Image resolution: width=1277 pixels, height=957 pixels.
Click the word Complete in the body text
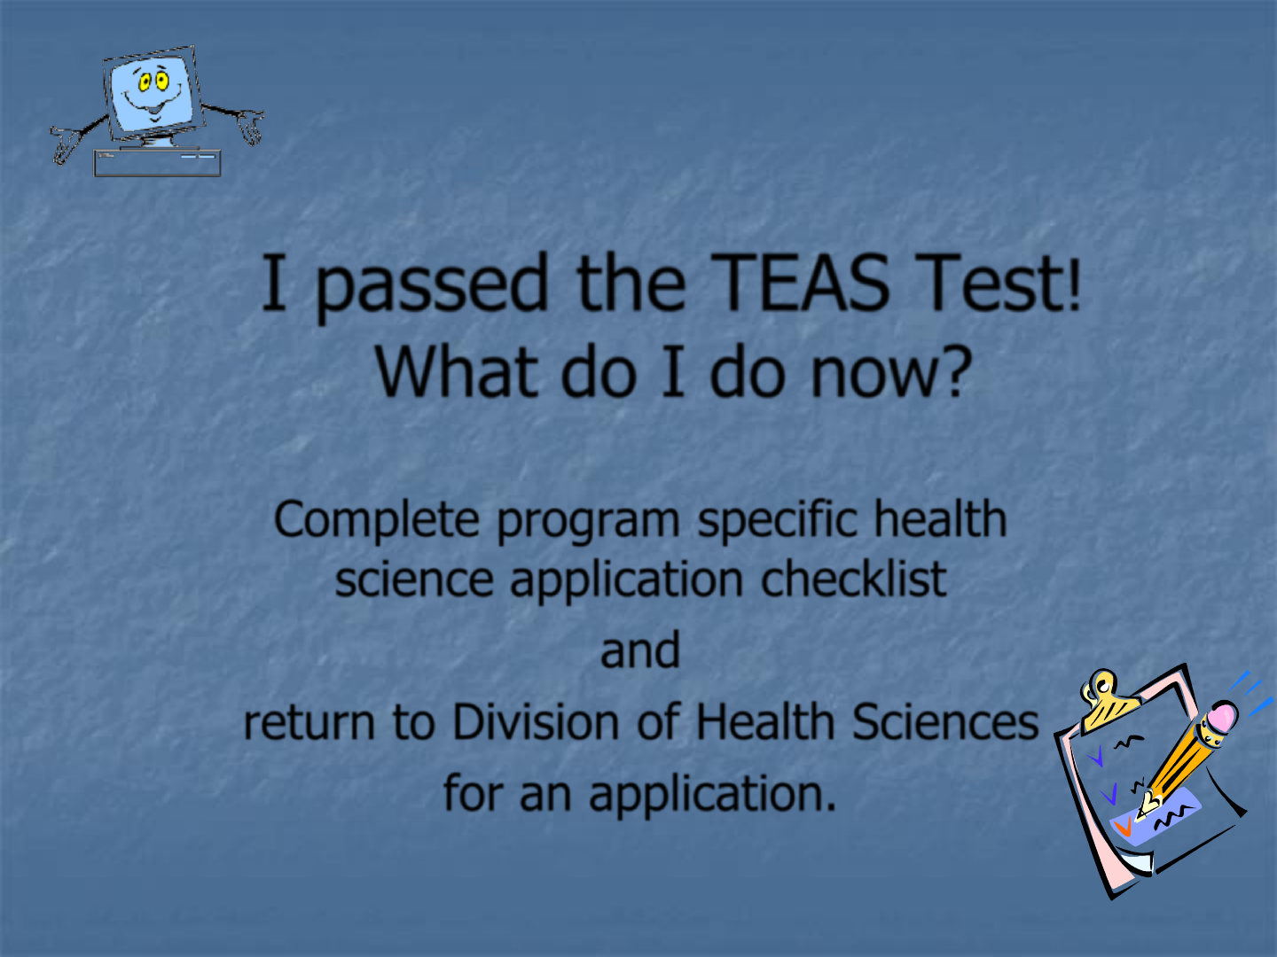click(376, 520)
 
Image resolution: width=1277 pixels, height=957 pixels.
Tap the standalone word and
click(640, 650)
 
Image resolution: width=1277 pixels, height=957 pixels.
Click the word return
click(309, 723)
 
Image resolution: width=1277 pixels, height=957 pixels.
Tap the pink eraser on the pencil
click(1222, 718)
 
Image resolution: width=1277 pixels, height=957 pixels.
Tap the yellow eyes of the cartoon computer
click(153, 82)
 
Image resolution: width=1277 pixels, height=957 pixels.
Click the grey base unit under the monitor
click(157, 163)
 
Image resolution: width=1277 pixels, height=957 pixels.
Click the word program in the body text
click(588, 523)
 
